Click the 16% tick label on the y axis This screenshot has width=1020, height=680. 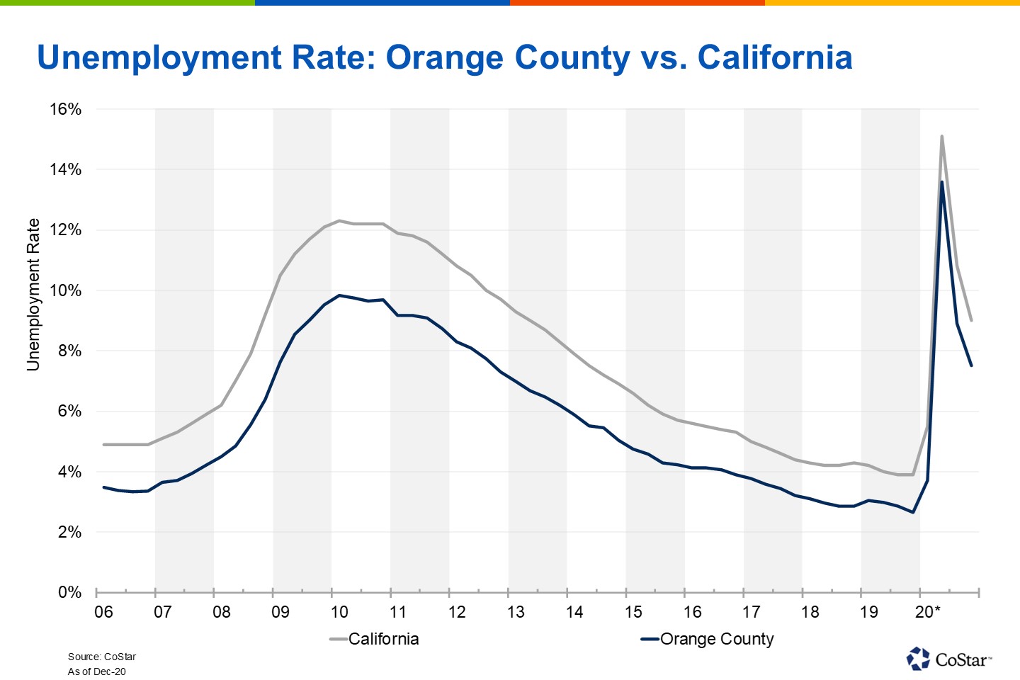tap(65, 109)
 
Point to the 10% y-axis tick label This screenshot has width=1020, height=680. tap(65, 290)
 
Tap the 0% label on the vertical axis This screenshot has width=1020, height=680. tap(69, 592)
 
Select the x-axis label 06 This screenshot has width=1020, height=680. tap(103, 612)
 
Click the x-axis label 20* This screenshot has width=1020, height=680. tap(927, 612)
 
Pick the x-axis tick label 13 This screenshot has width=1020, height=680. tap(516, 612)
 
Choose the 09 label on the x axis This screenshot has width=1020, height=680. tap(280, 612)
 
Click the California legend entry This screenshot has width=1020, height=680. tap(382, 639)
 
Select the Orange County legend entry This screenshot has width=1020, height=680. tap(716, 639)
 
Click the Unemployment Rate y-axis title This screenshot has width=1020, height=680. tap(33, 295)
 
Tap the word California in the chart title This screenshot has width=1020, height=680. tap(775, 57)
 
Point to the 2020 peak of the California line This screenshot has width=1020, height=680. tap(941, 136)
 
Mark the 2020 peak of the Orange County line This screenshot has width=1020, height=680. tap(941, 182)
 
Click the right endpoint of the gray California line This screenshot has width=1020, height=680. tap(971, 320)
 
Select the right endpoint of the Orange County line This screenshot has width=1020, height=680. tap(971, 365)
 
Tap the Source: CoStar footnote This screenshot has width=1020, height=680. tap(101, 657)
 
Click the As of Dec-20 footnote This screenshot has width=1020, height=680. tap(96, 671)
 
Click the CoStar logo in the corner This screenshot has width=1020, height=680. tap(948, 659)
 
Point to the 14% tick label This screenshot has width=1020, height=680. tap(65, 169)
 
